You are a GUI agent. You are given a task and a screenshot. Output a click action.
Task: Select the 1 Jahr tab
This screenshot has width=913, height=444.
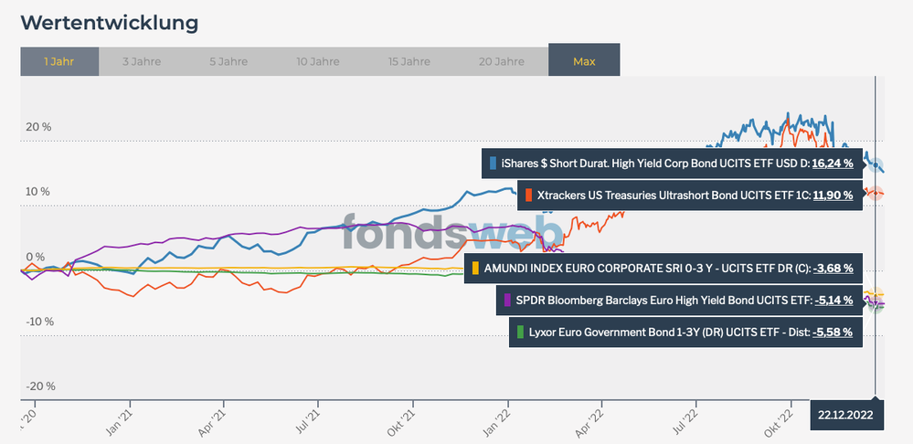[x=58, y=61]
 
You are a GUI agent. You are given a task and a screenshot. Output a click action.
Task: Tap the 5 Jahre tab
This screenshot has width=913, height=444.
[x=229, y=61]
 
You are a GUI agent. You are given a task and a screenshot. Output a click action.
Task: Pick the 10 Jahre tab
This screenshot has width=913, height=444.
[x=319, y=61]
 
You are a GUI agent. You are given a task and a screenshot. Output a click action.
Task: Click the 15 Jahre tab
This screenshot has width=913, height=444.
[x=409, y=61]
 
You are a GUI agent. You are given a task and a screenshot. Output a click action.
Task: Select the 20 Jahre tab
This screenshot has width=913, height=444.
[x=501, y=61]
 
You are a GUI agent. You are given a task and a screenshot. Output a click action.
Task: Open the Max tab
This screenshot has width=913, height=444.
[x=584, y=61]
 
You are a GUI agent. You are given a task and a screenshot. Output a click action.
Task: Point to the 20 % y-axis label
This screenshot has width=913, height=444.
[x=37, y=127]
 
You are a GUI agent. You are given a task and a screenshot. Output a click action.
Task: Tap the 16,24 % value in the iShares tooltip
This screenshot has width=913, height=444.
[x=833, y=164]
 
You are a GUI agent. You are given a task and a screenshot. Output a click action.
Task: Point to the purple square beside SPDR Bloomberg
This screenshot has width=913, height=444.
[x=508, y=300]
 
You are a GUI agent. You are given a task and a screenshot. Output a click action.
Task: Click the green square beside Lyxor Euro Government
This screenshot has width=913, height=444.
[x=520, y=332]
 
